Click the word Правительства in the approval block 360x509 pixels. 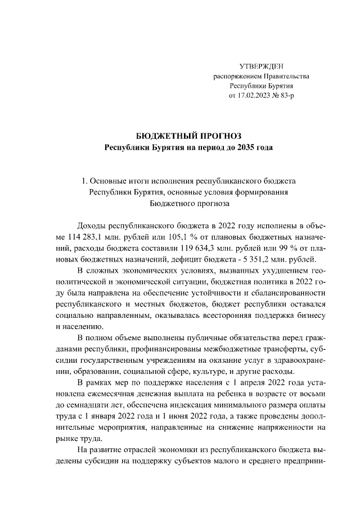tap(272, 76)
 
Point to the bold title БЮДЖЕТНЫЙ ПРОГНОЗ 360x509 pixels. tap(189, 136)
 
